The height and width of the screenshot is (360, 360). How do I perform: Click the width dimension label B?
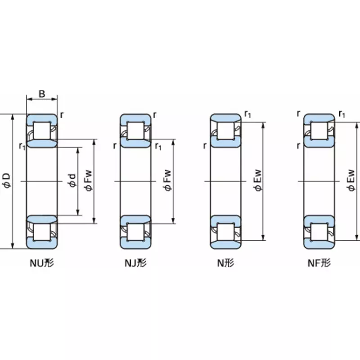[41, 94]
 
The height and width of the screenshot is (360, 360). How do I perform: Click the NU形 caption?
[41, 264]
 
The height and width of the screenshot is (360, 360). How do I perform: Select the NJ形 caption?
[135, 264]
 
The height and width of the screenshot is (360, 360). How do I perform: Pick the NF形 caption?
[319, 264]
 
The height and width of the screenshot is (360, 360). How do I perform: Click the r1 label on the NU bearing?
[21, 145]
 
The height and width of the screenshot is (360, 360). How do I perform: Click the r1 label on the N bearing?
[247, 114]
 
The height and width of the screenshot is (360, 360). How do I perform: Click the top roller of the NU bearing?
[42, 130]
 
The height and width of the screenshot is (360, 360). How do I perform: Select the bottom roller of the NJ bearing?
[135, 232]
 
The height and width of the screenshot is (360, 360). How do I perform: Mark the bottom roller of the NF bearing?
[319, 232]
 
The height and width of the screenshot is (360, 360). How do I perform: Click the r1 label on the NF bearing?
[342, 114]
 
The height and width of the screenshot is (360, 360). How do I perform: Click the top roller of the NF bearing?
[319, 130]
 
